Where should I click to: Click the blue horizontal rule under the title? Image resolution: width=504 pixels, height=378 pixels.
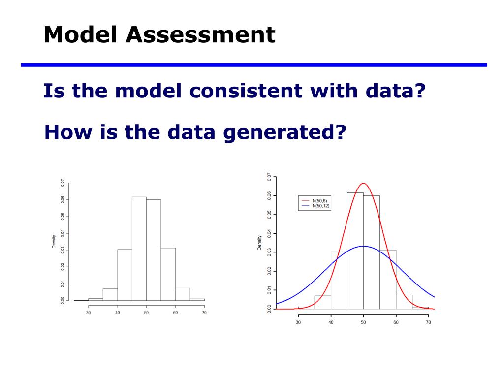pos(253,65)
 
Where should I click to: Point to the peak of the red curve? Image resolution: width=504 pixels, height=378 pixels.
pos(363,184)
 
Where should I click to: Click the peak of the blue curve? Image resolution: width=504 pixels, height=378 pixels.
pos(363,246)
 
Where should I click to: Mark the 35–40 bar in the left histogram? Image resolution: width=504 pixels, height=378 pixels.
pos(110,294)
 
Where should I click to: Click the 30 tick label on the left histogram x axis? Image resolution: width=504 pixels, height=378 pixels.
pos(89,313)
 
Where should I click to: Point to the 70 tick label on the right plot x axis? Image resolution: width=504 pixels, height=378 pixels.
pos(428,322)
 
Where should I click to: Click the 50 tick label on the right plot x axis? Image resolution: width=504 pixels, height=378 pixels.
pos(363,322)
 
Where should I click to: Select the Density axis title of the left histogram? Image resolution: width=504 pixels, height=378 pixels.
pos(54,242)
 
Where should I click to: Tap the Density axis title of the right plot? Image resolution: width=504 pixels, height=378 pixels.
pos(259,242)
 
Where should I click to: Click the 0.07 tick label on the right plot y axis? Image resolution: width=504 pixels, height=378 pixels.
pos(269,177)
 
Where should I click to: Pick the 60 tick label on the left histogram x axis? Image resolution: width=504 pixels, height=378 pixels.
pos(175,313)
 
